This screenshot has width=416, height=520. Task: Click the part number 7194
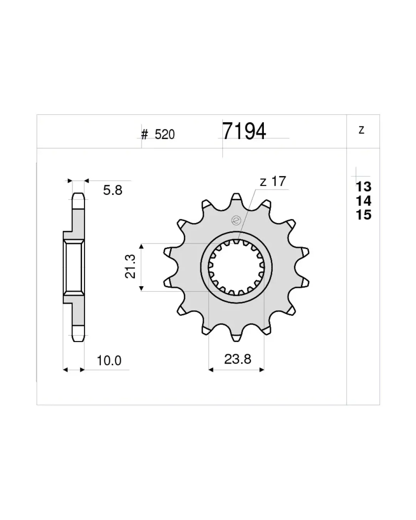tap(244, 131)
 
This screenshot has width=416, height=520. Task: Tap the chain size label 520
tap(164, 134)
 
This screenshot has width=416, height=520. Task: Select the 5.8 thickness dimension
tap(112, 190)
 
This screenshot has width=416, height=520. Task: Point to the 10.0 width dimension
tap(109, 361)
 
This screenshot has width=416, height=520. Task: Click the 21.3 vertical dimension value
tap(130, 266)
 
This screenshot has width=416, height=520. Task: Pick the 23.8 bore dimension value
tap(238, 359)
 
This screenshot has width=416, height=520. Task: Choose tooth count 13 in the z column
tap(364, 186)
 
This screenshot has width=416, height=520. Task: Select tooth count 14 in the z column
tap(364, 201)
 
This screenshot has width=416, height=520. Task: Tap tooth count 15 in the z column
tap(364, 215)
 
